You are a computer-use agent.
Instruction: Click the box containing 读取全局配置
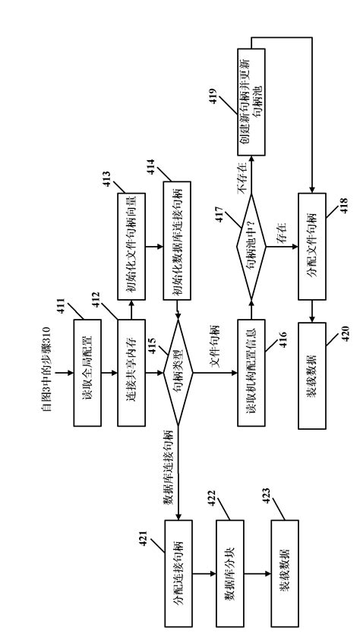click(87, 373)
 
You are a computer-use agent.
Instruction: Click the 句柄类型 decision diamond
click(178, 373)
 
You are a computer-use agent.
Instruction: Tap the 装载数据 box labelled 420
click(313, 373)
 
